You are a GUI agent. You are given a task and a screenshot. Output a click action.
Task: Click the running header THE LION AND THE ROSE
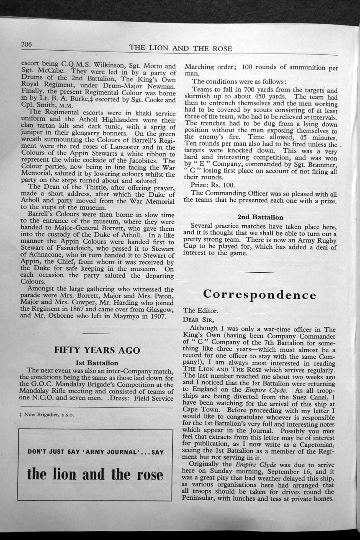181,48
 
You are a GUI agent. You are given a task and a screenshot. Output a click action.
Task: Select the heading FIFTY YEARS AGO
97,350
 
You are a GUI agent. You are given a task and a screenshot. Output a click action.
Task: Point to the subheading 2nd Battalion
260,217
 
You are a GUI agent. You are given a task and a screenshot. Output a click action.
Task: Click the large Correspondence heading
260,295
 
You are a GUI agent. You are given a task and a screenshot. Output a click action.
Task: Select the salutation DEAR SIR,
198,319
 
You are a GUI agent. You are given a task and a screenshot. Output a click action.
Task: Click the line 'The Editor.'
201,311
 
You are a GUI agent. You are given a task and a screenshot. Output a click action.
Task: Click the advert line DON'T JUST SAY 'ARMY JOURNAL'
95,452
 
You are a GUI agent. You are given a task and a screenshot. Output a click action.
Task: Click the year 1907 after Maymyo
157,316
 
